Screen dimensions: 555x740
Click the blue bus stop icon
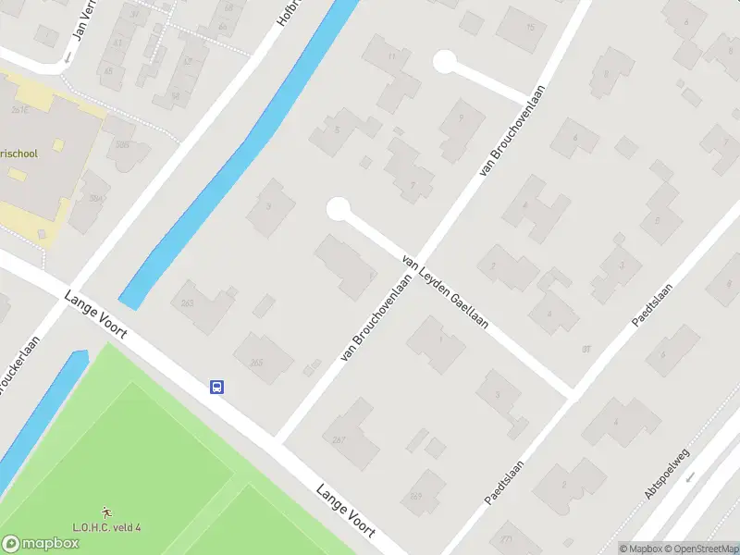(217, 388)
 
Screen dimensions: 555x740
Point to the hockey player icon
(106, 512)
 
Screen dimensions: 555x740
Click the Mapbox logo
(41, 544)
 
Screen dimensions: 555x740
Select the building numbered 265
(256, 361)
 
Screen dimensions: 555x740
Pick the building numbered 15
(529, 27)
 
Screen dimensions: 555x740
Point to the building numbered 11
(392, 57)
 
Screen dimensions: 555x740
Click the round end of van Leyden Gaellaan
(339, 209)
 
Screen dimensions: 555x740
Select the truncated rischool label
(18, 154)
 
